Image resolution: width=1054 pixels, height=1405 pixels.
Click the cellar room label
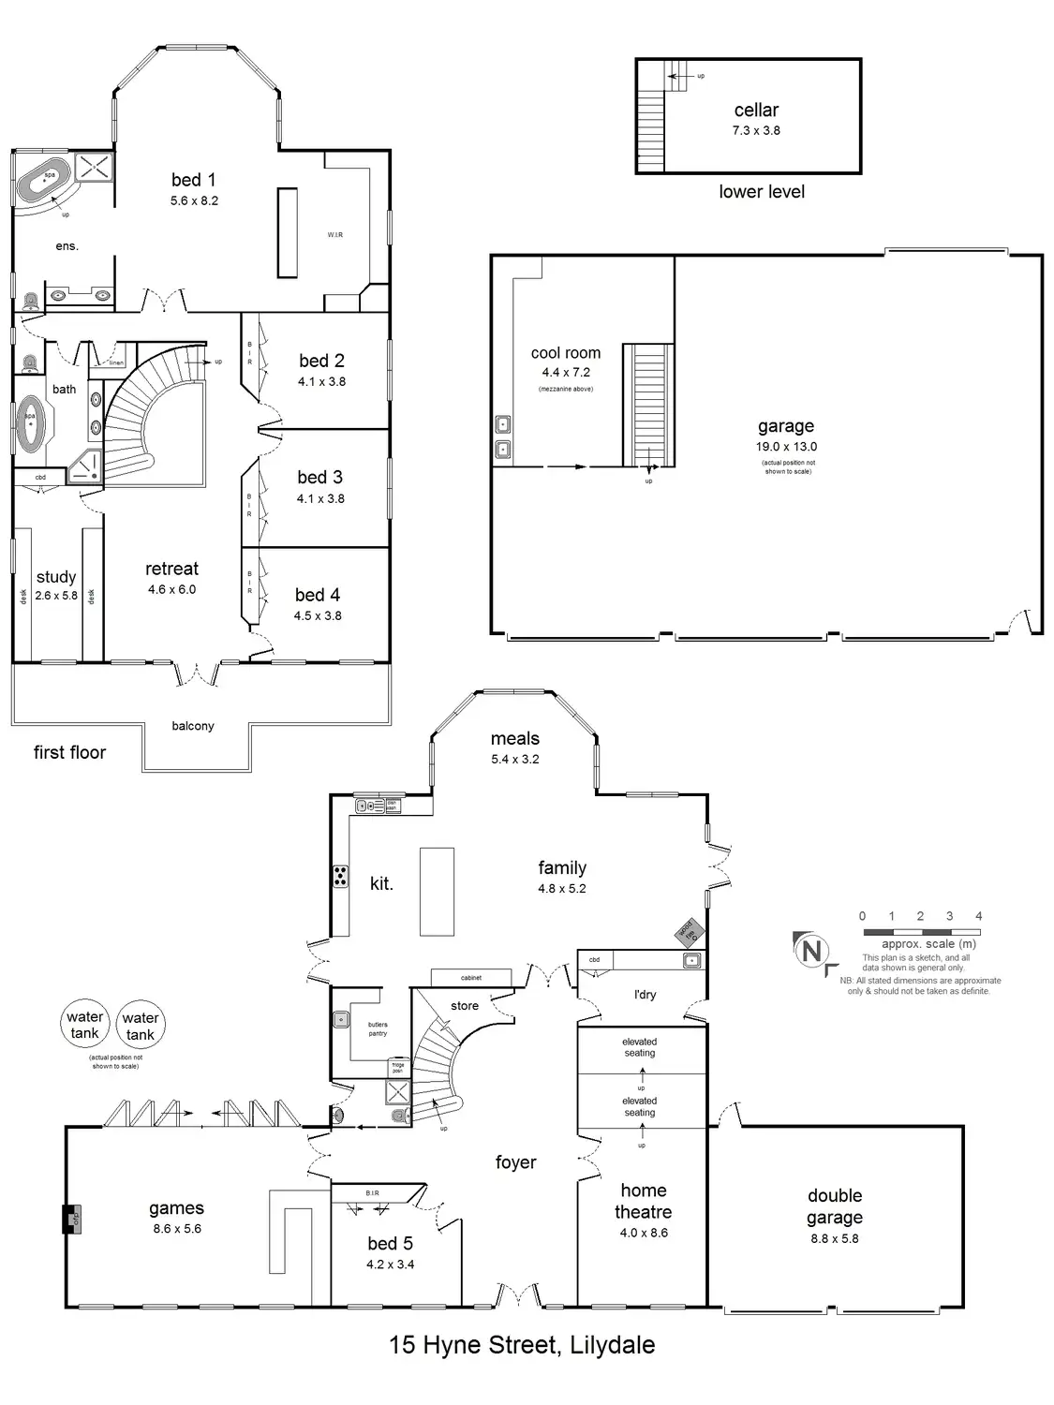[756, 111]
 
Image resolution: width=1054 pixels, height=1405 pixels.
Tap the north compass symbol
[811, 952]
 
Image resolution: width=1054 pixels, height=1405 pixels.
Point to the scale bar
[921, 933]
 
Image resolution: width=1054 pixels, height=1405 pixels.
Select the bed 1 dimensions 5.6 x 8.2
[194, 200]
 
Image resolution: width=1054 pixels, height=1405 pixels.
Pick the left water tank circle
[84, 1025]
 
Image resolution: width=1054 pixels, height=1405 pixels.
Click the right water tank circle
[141, 1026]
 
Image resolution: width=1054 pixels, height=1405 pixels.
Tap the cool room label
[566, 353]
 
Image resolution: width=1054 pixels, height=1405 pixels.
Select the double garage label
[835, 1206]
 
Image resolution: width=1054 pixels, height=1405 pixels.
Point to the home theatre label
[644, 1201]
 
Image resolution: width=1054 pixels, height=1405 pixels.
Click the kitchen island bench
[437, 891]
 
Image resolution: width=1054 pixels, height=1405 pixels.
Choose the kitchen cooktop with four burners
[340, 877]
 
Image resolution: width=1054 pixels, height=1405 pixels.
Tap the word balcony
[193, 726]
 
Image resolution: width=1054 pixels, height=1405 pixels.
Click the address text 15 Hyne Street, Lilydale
[522, 1346]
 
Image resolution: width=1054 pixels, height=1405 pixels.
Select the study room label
[56, 577]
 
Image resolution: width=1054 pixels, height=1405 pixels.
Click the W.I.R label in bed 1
[335, 235]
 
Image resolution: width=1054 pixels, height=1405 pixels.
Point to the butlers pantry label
[378, 1028]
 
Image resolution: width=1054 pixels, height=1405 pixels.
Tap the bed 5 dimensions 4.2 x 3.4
[391, 1264]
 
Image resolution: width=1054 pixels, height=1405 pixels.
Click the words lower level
[762, 192]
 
